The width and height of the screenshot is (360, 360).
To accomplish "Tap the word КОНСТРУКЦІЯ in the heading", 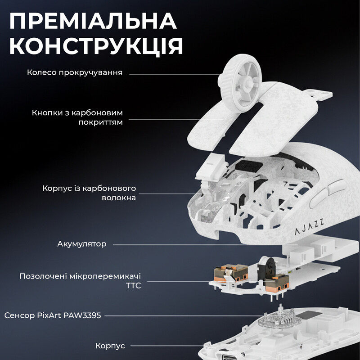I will pyautogui.click(x=96, y=46).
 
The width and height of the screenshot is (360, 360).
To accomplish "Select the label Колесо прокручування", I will pyautogui.click(x=75, y=72).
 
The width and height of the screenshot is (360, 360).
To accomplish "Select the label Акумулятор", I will pyautogui.click(x=82, y=244).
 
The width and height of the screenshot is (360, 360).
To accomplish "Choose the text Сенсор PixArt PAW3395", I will pyautogui.click(x=53, y=316).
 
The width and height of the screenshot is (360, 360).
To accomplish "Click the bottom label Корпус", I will pyautogui.click(x=110, y=346).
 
